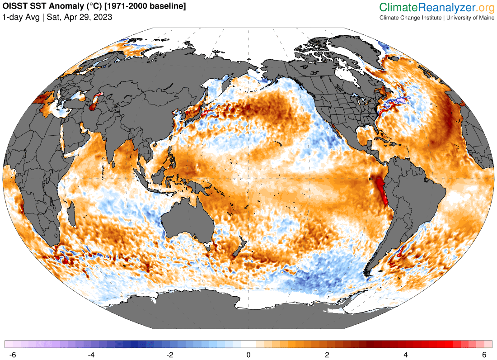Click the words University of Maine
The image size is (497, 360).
tap(469, 18)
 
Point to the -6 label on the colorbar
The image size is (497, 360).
tap(13, 355)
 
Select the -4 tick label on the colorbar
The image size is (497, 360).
tap(91, 355)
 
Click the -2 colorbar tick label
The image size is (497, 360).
tap(170, 355)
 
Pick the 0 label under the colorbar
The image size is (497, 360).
tap(248, 355)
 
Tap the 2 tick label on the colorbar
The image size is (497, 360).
tap(327, 355)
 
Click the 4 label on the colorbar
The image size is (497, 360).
tap(405, 355)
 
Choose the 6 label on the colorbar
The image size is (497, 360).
tap(484, 355)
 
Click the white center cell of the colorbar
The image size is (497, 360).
tap(248, 344)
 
